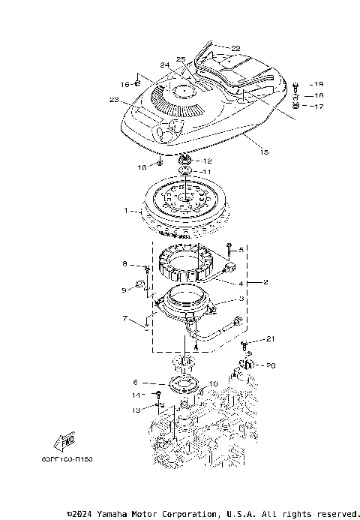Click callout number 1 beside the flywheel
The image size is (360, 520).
pos(127,211)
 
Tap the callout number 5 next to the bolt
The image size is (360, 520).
pos(241,248)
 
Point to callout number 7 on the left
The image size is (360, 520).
pos(125,318)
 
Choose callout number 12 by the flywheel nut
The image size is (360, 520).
pos(208,161)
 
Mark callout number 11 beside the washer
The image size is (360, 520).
pos(207,172)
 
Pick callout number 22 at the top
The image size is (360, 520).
pos(235,48)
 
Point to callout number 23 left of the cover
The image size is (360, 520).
pos(115,100)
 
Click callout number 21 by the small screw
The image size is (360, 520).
pos(271,339)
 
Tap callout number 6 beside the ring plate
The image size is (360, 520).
pos(135,381)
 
